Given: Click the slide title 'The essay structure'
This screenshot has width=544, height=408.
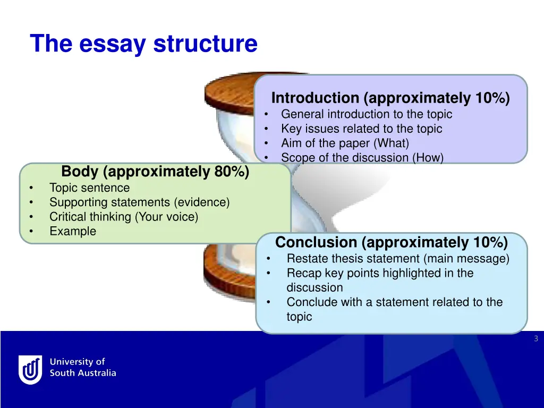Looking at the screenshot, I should (143, 44).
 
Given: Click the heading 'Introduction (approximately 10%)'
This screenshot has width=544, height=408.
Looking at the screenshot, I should (390, 98).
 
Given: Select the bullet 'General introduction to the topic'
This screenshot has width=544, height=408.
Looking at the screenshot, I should (367, 114).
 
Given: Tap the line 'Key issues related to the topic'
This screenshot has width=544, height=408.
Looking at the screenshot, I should (361, 129).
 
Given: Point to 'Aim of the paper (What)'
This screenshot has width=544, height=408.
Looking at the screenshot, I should (345, 143).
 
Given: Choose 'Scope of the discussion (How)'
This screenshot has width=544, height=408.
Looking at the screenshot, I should (362, 157).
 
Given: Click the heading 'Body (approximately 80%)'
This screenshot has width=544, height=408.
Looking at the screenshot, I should (155, 172).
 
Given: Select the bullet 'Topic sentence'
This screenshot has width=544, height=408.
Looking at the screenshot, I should (89, 188).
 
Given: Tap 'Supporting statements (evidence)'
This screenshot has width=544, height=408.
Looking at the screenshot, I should (139, 202).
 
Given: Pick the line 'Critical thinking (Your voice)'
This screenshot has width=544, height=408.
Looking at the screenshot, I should (123, 217).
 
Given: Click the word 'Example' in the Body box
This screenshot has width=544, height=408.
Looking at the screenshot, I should (73, 231).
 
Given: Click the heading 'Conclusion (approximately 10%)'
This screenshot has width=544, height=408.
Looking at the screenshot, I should (392, 243).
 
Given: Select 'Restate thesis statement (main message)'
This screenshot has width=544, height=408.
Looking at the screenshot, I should (398, 259).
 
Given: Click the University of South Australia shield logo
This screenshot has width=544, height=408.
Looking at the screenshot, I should (30, 369).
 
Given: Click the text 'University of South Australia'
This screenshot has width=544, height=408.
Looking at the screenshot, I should (82, 367).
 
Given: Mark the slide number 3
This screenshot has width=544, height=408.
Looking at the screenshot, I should (536, 339).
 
